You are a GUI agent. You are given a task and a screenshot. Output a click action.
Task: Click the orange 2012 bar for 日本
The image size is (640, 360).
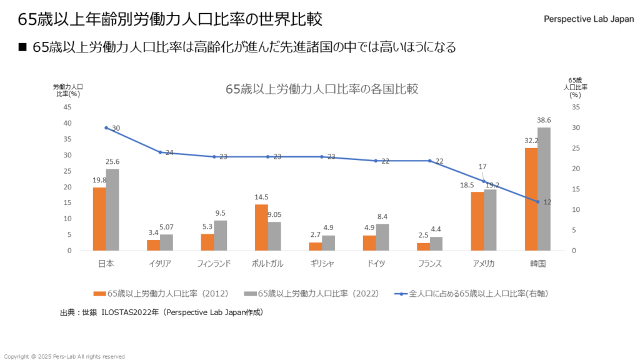99,219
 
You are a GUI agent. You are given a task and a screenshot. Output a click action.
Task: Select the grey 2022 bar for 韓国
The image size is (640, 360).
544,189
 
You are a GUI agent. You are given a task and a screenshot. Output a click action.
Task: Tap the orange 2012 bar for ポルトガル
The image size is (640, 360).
261,227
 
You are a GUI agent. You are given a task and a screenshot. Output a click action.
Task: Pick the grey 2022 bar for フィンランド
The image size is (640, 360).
221,236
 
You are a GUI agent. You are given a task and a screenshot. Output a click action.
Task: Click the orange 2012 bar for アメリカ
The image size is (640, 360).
477,221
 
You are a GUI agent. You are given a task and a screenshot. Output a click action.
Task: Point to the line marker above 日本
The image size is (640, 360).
106,127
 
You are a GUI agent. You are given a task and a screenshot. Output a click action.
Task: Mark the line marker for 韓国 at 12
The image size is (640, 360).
537,202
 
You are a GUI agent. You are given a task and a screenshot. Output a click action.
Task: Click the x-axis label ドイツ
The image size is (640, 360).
376,264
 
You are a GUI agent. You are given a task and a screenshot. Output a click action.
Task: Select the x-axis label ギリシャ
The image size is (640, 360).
322,264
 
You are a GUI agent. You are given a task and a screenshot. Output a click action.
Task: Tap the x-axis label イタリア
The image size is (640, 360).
160,264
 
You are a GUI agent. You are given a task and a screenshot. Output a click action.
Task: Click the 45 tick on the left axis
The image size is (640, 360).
67,107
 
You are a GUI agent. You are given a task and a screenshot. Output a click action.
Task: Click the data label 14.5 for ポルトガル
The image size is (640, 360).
261,197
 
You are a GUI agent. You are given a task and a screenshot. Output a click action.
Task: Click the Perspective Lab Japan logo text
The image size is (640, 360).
589,19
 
